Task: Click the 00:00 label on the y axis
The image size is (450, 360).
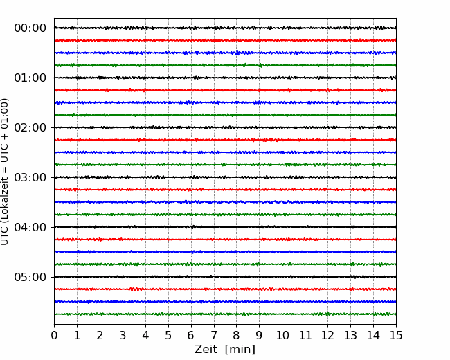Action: (30, 28)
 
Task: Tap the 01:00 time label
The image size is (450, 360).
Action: (30, 78)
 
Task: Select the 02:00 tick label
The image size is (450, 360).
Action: (30, 127)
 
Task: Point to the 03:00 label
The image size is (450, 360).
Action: (30, 177)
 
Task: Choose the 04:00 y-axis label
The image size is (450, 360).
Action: (30, 227)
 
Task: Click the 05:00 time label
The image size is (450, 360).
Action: (30, 277)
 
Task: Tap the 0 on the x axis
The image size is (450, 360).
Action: (54, 335)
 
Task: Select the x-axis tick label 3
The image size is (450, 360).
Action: (123, 335)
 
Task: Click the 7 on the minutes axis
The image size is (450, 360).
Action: (214, 335)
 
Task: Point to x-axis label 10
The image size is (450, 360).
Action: (282, 335)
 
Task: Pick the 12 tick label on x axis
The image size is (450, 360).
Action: (327, 335)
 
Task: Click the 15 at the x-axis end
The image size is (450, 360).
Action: (396, 335)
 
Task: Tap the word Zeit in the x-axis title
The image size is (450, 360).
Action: (206, 350)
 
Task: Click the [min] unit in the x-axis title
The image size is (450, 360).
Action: (240, 350)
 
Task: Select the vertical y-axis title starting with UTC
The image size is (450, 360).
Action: (5, 172)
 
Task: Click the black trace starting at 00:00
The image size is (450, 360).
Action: (225, 28)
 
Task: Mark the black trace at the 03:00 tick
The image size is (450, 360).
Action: (225, 177)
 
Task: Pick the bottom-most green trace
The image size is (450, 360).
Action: (225, 314)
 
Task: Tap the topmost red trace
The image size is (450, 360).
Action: (225, 40)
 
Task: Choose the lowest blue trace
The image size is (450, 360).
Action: (225, 301)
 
